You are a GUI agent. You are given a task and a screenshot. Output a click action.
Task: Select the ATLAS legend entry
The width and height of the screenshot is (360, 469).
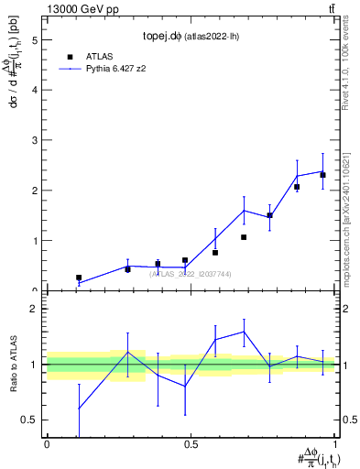98,56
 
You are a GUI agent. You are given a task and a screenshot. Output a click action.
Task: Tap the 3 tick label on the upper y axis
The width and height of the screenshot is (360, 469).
35,140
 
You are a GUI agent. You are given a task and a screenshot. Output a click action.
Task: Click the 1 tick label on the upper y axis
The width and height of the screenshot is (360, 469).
35,241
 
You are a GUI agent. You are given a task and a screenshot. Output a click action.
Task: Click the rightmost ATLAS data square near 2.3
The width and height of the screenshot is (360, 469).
322,175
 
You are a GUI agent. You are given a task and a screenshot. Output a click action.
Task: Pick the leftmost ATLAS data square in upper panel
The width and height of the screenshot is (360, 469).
79,277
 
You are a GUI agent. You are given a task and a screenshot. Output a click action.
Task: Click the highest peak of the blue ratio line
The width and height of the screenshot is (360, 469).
244,332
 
